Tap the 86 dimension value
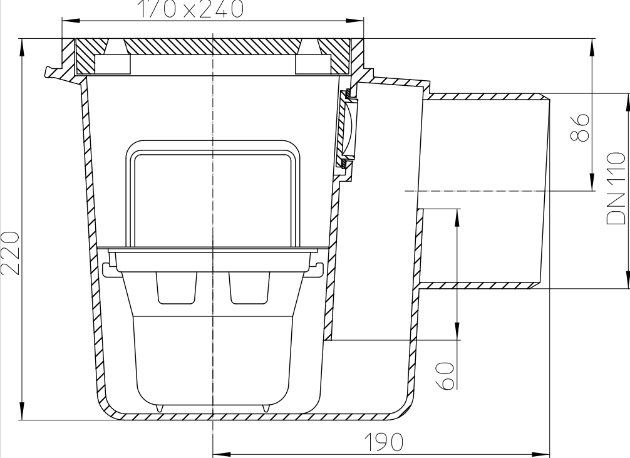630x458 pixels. [582, 127]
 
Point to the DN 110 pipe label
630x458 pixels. [616, 188]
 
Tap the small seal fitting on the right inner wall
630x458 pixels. [346, 129]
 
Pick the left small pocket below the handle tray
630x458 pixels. [176, 287]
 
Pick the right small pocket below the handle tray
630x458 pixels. [249, 287]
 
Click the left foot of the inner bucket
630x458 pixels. [160, 407]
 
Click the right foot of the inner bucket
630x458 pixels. [266, 407]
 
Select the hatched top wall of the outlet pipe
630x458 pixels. [485, 97]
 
